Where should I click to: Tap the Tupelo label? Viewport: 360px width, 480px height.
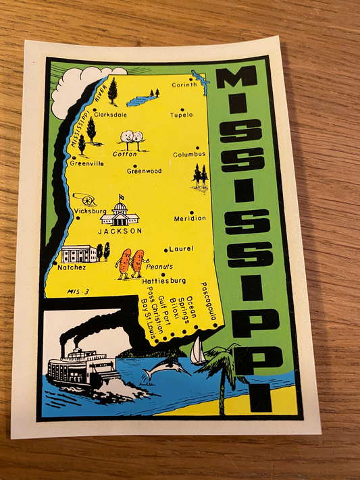pyautogui.click(x=182, y=115)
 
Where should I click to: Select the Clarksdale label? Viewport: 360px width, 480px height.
pyautogui.click(x=111, y=115)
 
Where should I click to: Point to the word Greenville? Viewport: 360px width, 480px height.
pyautogui.click(x=87, y=163)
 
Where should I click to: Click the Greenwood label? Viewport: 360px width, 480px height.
pyautogui.click(x=144, y=171)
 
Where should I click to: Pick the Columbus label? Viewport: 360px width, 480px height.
pyautogui.click(x=189, y=154)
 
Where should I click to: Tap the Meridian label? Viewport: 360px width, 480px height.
pyautogui.click(x=190, y=218)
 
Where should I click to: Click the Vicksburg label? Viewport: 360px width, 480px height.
pyautogui.click(x=91, y=211)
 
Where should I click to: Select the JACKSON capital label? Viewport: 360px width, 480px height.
pyautogui.click(x=120, y=230)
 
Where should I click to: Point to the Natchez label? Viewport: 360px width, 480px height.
pyautogui.click(x=71, y=267)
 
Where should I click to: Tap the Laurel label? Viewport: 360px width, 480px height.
pyautogui.click(x=181, y=248)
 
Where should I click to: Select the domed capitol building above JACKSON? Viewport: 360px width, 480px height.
pyautogui.click(x=120, y=212)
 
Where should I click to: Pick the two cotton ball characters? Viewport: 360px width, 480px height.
pyautogui.click(x=132, y=137)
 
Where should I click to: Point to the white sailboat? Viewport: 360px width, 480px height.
pyautogui.click(x=197, y=351)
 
